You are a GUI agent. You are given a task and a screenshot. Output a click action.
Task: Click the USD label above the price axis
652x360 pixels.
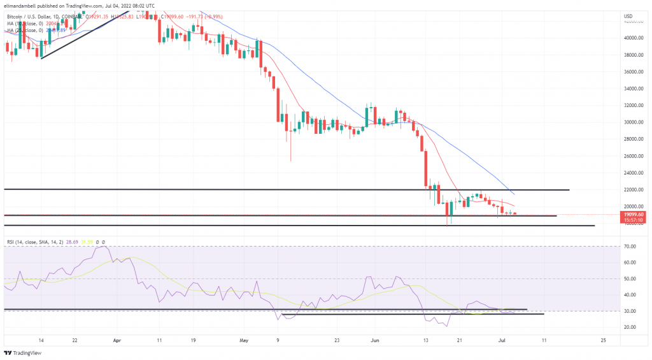click(x=628, y=16)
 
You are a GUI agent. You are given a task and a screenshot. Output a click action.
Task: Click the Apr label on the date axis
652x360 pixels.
click(x=117, y=341)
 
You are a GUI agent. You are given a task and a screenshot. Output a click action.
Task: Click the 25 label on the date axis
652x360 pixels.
click(x=603, y=341)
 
